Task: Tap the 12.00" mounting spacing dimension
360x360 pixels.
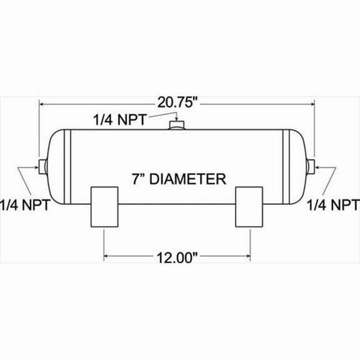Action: pos(177,257)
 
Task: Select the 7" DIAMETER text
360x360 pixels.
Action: pos(178,179)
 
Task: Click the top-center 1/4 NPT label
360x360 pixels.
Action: pos(120,119)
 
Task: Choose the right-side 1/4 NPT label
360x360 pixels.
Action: pos(332,204)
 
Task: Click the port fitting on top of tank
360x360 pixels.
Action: pos(177,127)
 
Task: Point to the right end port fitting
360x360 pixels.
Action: pos(312,167)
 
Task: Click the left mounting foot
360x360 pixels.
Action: pos(104,207)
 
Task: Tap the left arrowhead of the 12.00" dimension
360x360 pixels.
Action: pos(106,256)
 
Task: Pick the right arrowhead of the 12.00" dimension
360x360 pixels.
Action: pos(249,256)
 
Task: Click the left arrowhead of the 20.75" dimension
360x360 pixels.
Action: pos(44,104)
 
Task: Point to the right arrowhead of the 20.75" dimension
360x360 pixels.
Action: pos(311,104)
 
